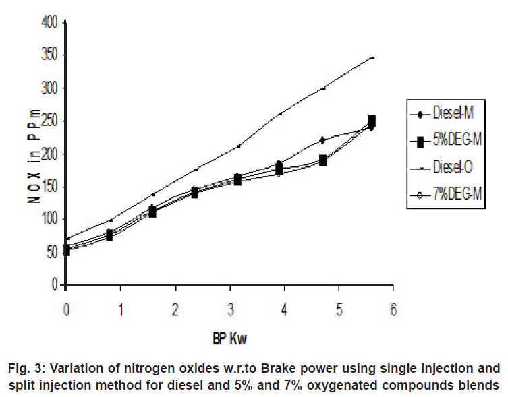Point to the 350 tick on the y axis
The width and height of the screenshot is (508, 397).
coord(50,55)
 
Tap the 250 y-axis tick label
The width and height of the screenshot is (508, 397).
coord(50,121)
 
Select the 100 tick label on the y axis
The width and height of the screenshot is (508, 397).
coord(50,219)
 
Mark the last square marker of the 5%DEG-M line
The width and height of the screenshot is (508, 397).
coord(372,121)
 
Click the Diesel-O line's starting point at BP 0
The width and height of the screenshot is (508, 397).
coord(66,239)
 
